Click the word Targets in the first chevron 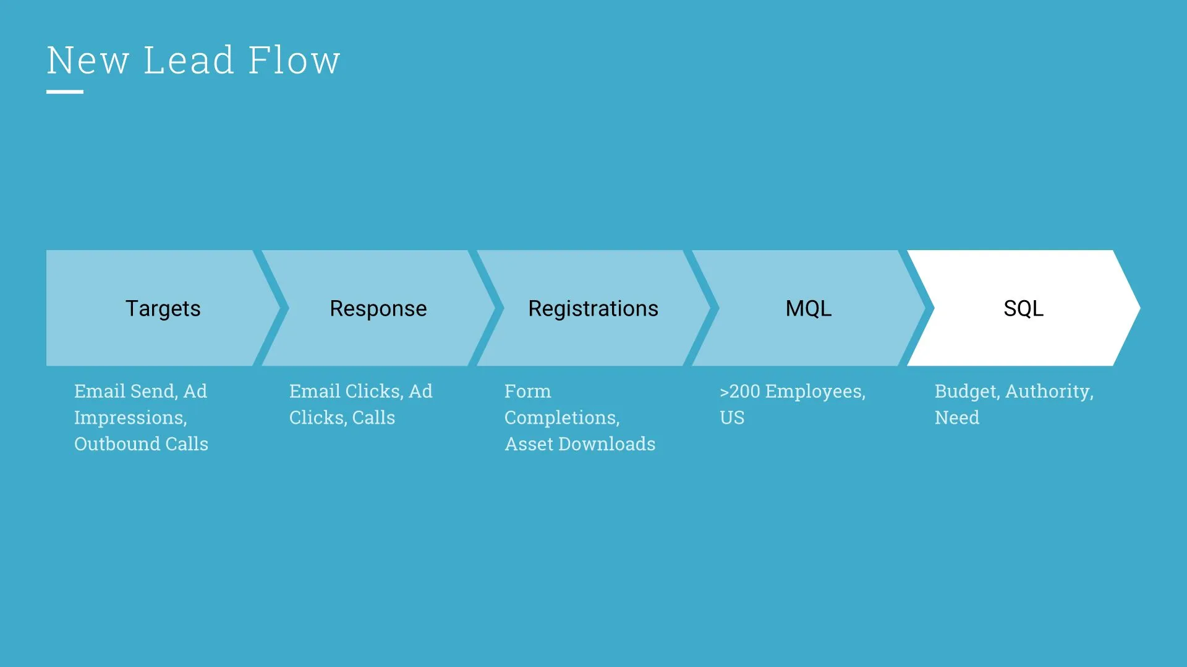(x=163, y=308)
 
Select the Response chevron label (x=378, y=308)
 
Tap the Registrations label (x=593, y=308)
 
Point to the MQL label (x=808, y=308)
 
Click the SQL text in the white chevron (x=1023, y=308)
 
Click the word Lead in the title (x=189, y=61)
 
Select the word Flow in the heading (x=294, y=61)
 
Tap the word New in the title (x=88, y=61)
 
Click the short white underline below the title (x=65, y=92)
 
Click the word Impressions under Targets (x=130, y=418)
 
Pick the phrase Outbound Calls (x=141, y=444)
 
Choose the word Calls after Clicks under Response (x=373, y=418)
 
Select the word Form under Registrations (x=527, y=392)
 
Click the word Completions (x=561, y=418)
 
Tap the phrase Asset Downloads (x=580, y=444)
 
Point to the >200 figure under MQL (x=740, y=392)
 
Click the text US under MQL (x=732, y=418)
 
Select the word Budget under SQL (x=966, y=392)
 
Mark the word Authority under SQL (x=1049, y=392)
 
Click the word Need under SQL (x=957, y=418)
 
